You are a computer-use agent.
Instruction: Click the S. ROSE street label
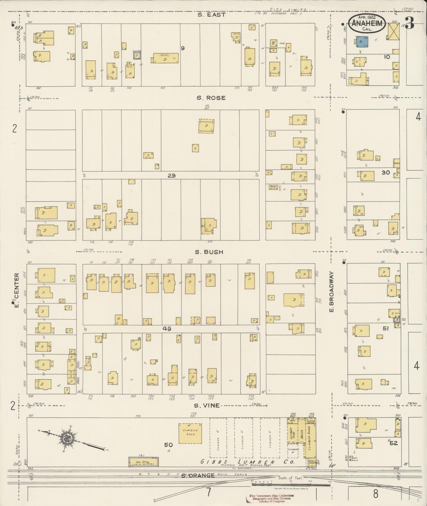point(211,98)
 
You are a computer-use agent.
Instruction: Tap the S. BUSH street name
point(209,252)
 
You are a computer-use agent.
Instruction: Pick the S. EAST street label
point(212,15)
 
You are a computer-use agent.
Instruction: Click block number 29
point(172,175)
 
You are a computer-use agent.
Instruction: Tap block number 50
point(168,445)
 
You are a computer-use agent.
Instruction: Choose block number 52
point(393,443)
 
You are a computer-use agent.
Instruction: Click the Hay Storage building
point(143,462)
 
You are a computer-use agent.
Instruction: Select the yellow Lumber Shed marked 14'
point(190,433)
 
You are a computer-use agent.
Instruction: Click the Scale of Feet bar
point(291,483)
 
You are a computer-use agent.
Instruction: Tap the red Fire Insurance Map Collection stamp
point(270,498)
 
